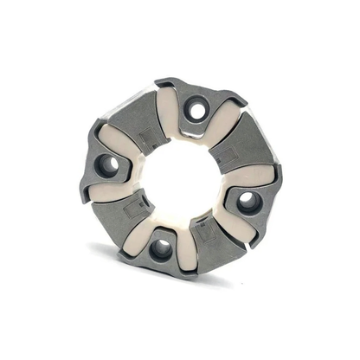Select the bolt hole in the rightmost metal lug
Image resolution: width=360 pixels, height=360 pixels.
click(x=249, y=202)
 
